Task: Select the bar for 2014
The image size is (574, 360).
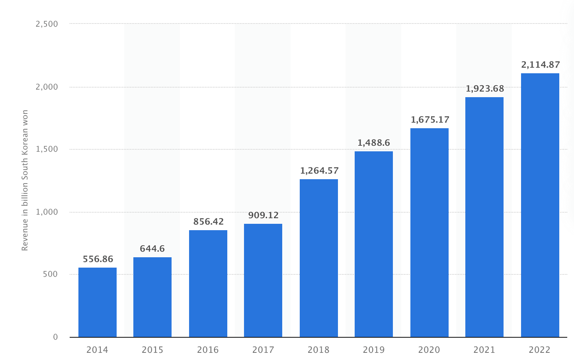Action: (x=98, y=302)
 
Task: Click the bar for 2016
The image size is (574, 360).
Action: (x=208, y=284)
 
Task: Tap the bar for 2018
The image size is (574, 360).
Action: (x=319, y=258)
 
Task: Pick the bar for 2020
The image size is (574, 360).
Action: (x=430, y=233)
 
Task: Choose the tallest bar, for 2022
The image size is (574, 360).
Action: (x=540, y=205)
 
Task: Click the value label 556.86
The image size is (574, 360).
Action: (x=98, y=259)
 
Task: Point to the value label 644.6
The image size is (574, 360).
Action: (x=152, y=249)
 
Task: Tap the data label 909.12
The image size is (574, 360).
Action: (x=263, y=215)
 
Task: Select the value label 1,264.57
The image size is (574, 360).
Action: (x=319, y=171)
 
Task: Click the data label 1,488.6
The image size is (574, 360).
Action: (x=374, y=143)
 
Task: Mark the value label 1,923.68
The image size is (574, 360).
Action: (x=485, y=89)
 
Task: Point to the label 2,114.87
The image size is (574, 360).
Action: (x=541, y=65)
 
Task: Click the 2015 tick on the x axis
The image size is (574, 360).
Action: (x=152, y=350)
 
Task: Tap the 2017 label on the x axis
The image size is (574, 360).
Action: (x=263, y=350)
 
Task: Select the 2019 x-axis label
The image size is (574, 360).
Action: (x=374, y=350)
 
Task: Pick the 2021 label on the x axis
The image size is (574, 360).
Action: (x=484, y=350)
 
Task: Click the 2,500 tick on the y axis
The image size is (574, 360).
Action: (x=47, y=24)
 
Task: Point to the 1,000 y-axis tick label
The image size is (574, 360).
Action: (x=47, y=212)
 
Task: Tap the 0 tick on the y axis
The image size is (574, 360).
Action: (x=55, y=337)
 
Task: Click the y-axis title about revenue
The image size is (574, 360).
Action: (x=25, y=180)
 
